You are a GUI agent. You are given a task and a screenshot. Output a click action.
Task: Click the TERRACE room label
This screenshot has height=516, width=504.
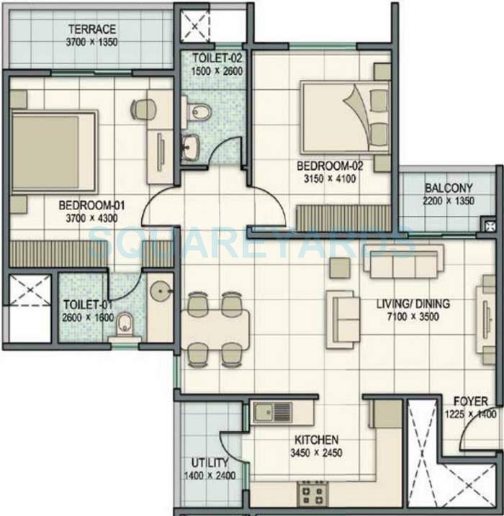93,29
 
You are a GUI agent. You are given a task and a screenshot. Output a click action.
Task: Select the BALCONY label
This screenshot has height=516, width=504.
448,189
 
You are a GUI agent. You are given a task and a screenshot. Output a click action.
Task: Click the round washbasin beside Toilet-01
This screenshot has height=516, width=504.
160,289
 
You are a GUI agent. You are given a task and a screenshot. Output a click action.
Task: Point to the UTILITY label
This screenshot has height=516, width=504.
210,462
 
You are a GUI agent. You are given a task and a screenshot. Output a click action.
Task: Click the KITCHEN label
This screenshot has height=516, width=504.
316,440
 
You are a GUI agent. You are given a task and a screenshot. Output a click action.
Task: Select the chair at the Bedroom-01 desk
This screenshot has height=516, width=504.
143,109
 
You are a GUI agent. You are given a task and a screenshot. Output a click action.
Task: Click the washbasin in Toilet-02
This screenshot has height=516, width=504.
190,148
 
